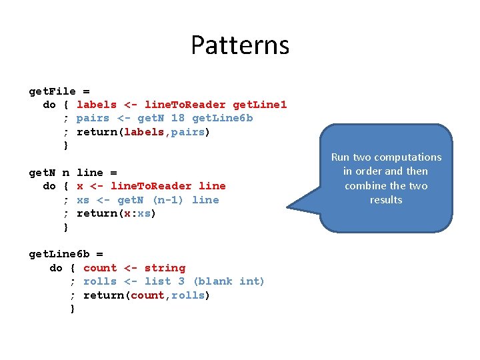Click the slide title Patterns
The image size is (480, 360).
click(240, 45)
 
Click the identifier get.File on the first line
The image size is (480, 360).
click(53, 91)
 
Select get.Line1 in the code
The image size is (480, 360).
click(259, 105)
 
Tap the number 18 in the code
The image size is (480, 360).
click(178, 118)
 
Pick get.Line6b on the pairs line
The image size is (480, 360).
click(222, 118)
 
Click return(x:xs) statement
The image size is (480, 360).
click(116, 213)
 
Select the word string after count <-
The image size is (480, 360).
click(165, 268)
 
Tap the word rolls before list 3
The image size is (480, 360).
click(100, 281)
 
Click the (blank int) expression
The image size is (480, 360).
click(229, 281)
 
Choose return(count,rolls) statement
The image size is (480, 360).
click(147, 295)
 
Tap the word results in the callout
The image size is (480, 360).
click(386, 200)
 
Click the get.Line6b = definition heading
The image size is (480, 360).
click(66, 254)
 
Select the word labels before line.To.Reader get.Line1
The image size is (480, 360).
click(97, 105)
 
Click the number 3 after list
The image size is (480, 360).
click(181, 281)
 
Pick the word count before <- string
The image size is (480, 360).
click(100, 268)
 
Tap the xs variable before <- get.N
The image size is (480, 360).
click(83, 200)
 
